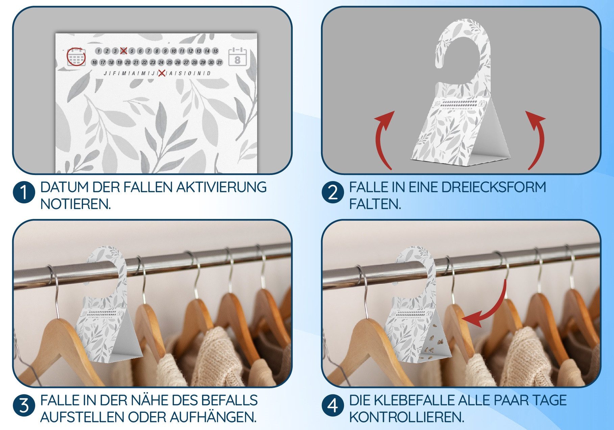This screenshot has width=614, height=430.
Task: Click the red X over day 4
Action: (x=123, y=51)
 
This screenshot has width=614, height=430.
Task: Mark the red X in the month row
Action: (x=162, y=73)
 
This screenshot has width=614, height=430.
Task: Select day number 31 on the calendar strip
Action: (x=219, y=62)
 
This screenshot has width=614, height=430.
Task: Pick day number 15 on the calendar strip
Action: (x=215, y=51)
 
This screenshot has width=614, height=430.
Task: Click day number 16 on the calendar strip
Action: (x=94, y=62)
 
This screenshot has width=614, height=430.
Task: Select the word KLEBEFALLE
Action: (x=416, y=400)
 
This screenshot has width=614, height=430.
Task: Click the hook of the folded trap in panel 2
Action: (x=463, y=41)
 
